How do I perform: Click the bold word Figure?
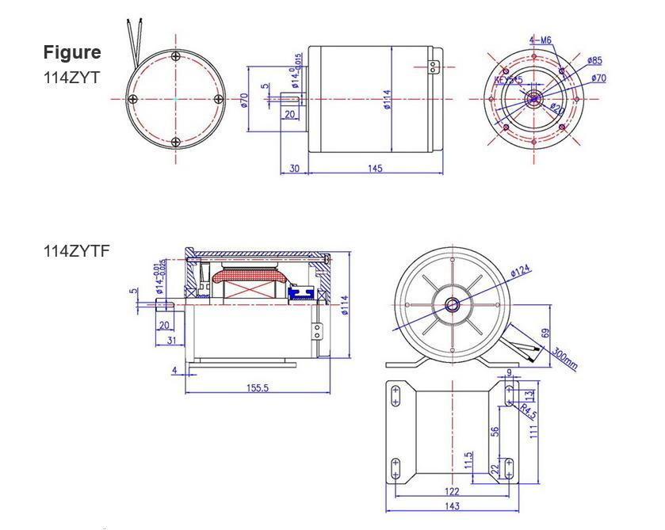tap(72, 52)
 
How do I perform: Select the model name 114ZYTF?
tap(76, 251)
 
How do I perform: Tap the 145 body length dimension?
tap(375, 168)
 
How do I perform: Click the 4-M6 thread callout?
tap(541, 40)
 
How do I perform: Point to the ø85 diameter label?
tap(594, 60)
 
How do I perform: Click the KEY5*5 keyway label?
tap(508, 80)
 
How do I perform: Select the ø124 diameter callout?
tap(521, 272)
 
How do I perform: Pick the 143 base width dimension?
tap(452, 506)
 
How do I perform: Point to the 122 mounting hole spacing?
tap(452, 491)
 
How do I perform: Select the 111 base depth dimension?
tap(534, 430)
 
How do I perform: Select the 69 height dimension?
tap(545, 334)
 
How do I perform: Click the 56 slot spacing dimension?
tap(495, 431)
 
